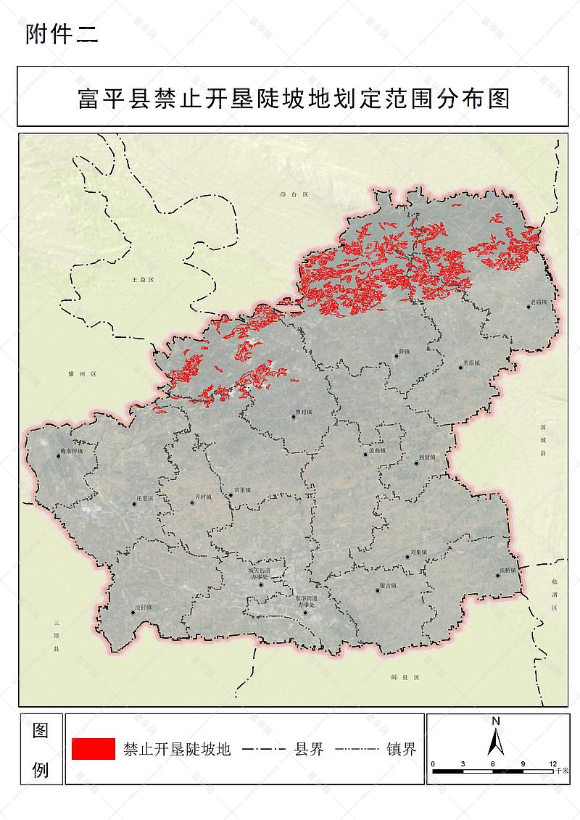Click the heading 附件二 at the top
pyautogui.click(x=61, y=34)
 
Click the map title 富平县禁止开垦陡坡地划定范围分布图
pyautogui.click(x=294, y=98)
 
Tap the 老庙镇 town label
pyautogui.click(x=539, y=302)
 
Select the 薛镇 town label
pyautogui.click(x=404, y=352)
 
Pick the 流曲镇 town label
pyautogui.click(x=376, y=450)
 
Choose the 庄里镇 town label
pyautogui.click(x=144, y=499)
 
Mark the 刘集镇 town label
pyautogui.click(x=418, y=552)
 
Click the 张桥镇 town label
pyautogui.click(x=507, y=571)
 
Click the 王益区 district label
pyautogui.click(x=142, y=279)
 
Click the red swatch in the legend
pyautogui.click(x=94, y=749)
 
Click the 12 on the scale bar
pyautogui.click(x=553, y=764)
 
